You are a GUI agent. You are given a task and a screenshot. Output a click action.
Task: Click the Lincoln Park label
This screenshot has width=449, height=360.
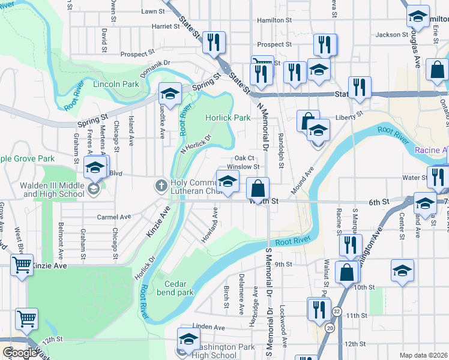pos(116,84)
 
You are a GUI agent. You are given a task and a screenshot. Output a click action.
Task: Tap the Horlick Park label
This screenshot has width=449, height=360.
pos(228,118)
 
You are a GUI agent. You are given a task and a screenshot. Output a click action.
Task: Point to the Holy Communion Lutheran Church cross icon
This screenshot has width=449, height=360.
pos(161,185)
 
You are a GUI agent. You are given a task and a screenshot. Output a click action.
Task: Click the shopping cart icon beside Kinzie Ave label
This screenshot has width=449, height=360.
pos(22,263)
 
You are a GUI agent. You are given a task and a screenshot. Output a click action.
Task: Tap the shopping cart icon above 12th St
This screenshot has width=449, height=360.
pos(26,319)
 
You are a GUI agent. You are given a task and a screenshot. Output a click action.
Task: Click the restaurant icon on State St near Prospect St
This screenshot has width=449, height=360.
pos(214,42)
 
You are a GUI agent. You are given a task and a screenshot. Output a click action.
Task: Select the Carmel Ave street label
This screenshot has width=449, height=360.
pos(117,217)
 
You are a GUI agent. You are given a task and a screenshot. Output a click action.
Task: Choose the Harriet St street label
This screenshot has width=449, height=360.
pos(166,26)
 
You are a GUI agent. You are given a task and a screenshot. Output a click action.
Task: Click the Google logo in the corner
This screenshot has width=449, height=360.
pos(19,353)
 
